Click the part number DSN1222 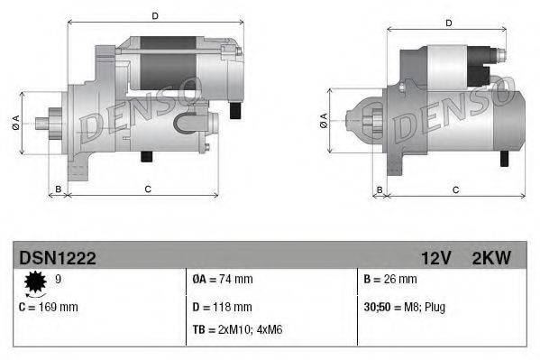click(58, 258)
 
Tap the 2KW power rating click(491, 258)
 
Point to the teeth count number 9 click(60, 280)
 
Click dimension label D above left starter click(155, 15)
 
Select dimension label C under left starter click(147, 188)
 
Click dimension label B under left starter click(59, 188)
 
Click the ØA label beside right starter click(323, 120)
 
